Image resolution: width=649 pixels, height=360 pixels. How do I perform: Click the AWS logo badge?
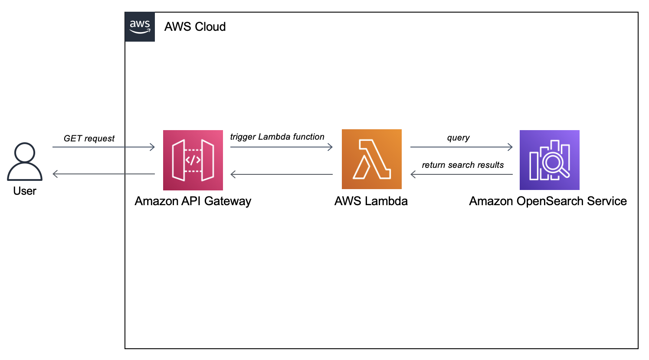140,27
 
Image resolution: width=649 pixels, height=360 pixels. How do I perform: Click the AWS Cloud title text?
195,27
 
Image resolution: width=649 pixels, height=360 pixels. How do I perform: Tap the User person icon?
25,161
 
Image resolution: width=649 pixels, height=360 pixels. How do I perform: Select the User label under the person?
25,191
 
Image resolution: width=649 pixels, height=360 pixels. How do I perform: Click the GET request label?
89,138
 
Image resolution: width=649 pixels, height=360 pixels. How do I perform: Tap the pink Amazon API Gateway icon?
193,160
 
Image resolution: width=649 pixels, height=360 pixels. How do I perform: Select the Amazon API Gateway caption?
193,201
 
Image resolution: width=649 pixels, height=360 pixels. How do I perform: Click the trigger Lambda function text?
277,137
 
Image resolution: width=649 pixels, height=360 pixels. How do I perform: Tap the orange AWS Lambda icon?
372,159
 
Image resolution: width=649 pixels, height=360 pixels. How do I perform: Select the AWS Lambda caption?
371,201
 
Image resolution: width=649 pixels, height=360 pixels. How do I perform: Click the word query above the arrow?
458,138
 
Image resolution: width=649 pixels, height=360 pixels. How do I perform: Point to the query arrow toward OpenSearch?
461,147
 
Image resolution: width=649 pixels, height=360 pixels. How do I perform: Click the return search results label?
462,165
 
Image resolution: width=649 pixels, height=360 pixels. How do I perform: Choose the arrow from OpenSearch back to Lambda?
461,174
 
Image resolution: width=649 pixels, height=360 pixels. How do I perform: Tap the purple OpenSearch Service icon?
550,160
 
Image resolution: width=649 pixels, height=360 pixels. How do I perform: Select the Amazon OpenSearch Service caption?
548,201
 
